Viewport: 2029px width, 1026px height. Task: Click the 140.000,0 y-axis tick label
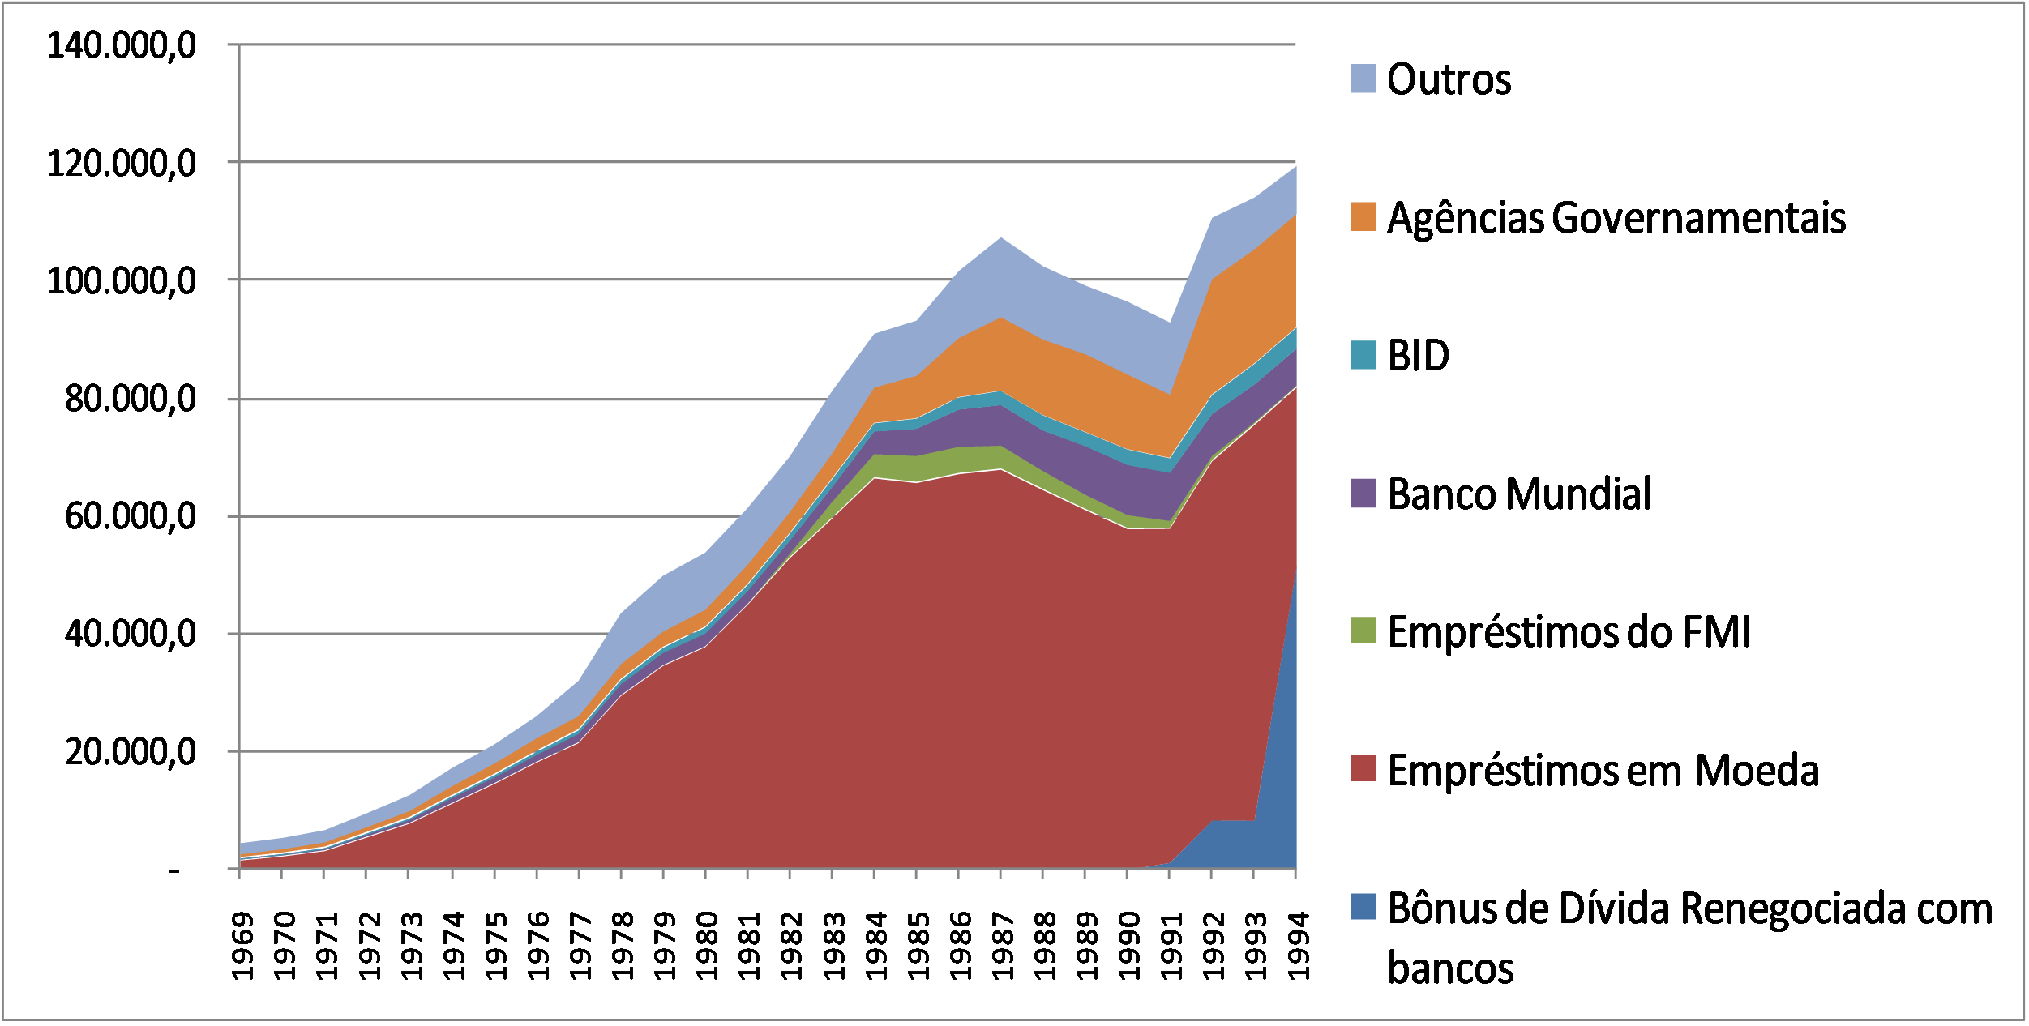click(x=122, y=45)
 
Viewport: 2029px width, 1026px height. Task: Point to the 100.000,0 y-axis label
click(x=122, y=281)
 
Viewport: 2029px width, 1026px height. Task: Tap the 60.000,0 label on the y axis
click(x=131, y=516)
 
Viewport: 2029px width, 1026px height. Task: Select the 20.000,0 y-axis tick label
click(x=131, y=752)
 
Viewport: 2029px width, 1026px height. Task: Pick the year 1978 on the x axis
click(x=623, y=946)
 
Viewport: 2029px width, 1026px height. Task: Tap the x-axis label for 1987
click(x=1003, y=946)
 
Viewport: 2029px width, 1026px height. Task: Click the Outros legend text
click(x=1449, y=79)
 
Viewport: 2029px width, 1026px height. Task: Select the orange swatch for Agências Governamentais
click(x=1363, y=217)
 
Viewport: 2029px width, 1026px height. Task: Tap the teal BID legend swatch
click(x=1363, y=356)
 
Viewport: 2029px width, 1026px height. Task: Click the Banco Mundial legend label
click(x=1518, y=494)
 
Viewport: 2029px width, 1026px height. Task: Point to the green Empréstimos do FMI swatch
click(x=1363, y=631)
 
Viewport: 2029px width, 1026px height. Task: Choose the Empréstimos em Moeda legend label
click(x=1603, y=771)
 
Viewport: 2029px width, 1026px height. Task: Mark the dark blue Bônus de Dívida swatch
click(x=1363, y=907)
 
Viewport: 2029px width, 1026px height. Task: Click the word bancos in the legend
click(x=1449, y=968)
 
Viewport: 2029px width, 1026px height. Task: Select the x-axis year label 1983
click(x=834, y=946)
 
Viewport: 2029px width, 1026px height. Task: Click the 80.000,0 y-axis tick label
click(x=131, y=399)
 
